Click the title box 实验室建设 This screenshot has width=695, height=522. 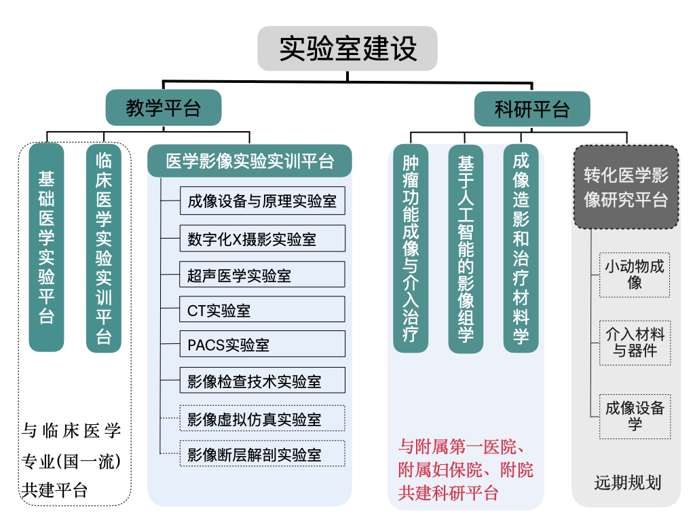tap(347, 48)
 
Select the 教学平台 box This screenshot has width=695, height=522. tap(164, 108)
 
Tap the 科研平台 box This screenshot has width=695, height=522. tap(531, 109)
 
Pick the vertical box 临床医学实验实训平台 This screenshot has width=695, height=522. tap(104, 248)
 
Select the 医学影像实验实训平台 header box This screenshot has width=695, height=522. tap(250, 162)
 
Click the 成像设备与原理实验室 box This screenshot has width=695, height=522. tap(262, 201)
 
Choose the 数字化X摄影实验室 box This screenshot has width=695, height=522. tap(262, 239)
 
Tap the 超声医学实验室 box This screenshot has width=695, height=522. tap(262, 275)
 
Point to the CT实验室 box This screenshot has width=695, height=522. tap(262, 310)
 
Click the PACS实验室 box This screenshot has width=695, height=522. tap(262, 345)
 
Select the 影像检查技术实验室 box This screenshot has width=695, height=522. tap(262, 381)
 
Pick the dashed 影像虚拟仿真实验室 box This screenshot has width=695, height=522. tap(262, 419)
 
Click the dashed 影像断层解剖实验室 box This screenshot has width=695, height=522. tap(262, 454)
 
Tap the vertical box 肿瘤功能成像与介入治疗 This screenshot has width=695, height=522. tap(411, 248)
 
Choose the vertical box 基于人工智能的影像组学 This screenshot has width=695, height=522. tap(466, 248)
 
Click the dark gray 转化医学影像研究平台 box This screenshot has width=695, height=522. tap(626, 187)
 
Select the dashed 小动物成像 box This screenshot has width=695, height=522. tap(635, 275)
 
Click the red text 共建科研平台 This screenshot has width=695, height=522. tap(449, 493)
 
